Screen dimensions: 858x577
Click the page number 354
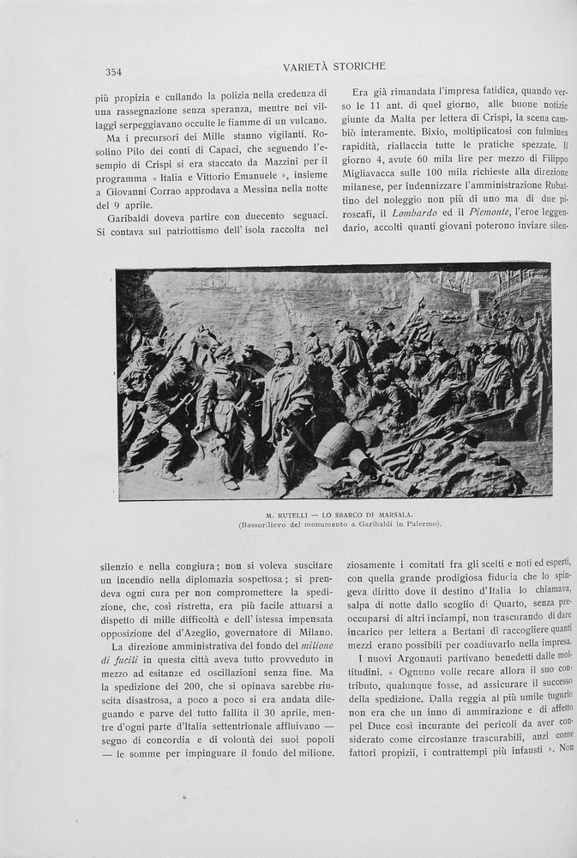(113, 72)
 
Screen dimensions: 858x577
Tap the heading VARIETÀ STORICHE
(334, 66)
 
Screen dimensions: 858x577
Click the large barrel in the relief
(336, 444)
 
